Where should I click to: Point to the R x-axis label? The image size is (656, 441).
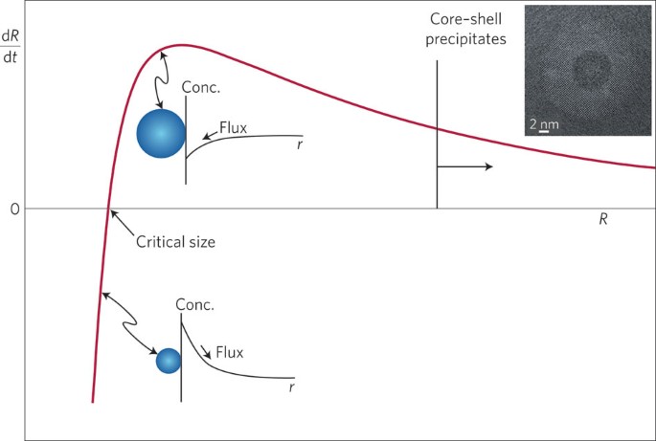point(603,220)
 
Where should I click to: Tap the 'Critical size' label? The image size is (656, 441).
point(175,242)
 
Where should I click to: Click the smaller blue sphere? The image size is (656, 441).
point(169,361)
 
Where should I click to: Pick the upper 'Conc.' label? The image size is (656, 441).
point(202,86)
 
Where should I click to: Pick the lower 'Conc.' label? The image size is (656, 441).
point(195,305)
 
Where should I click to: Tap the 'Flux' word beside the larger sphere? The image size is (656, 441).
point(235,125)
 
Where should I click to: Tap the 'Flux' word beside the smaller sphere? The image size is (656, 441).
point(230,352)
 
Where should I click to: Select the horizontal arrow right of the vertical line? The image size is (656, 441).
point(465,166)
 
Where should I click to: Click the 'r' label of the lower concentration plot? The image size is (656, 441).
point(290,388)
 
